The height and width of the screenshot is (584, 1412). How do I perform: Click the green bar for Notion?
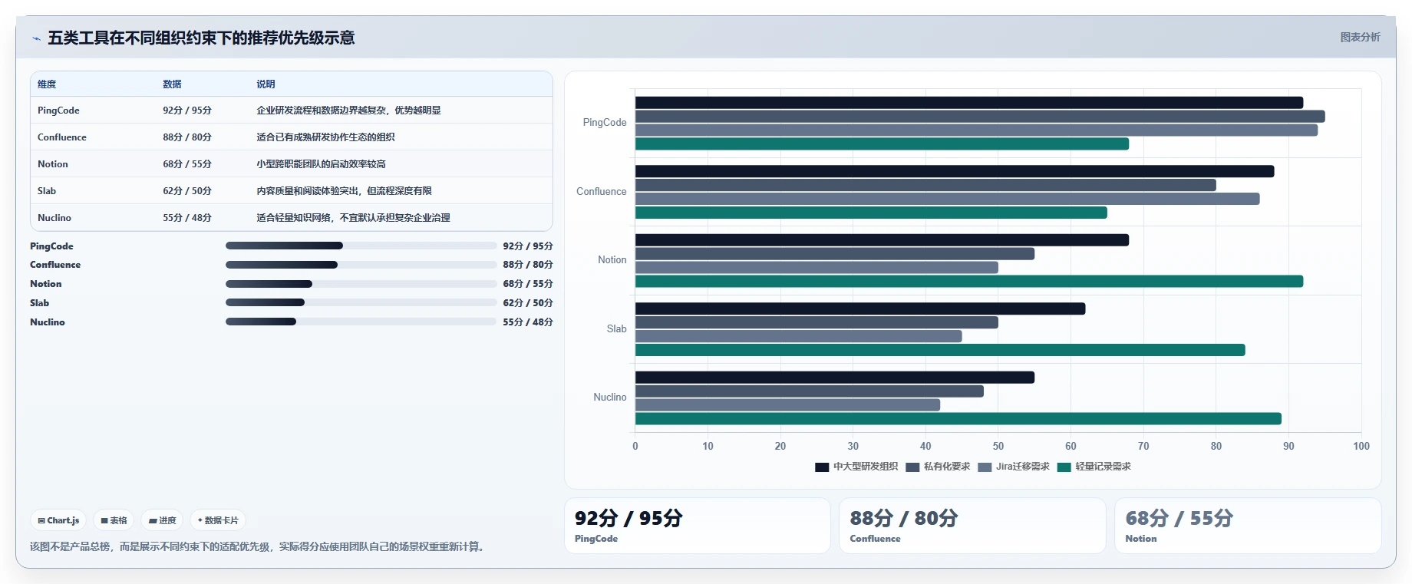point(968,282)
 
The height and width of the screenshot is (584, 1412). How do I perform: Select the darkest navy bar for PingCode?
point(968,103)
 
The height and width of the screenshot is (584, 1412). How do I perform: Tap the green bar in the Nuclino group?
point(958,419)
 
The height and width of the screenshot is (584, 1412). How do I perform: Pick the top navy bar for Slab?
point(860,308)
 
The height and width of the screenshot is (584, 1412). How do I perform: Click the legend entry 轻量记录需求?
point(1094,467)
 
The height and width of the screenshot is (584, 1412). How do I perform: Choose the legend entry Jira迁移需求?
point(1014,467)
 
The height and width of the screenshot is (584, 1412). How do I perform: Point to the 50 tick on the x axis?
point(998,446)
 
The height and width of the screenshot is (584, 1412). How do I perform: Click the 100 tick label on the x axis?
point(1361,446)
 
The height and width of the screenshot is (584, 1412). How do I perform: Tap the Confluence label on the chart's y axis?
point(602,191)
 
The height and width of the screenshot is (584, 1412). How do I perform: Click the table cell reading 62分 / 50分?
point(187,191)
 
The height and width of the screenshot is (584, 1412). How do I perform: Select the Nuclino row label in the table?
point(54,218)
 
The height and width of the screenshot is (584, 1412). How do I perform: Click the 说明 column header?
point(266,84)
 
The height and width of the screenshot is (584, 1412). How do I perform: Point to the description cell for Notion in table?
point(321,164)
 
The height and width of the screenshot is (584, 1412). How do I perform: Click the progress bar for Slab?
point(361,302)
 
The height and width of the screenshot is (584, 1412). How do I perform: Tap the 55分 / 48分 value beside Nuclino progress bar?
point(528,322)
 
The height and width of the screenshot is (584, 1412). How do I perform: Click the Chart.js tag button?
point(59,520)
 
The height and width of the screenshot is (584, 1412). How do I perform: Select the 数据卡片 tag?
point(218,520)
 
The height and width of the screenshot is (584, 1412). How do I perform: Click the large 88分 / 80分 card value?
point(903,519)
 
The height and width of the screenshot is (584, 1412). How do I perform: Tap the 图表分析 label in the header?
point(1360,37)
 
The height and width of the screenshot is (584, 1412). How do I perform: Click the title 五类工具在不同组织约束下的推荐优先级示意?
point(201,38)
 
